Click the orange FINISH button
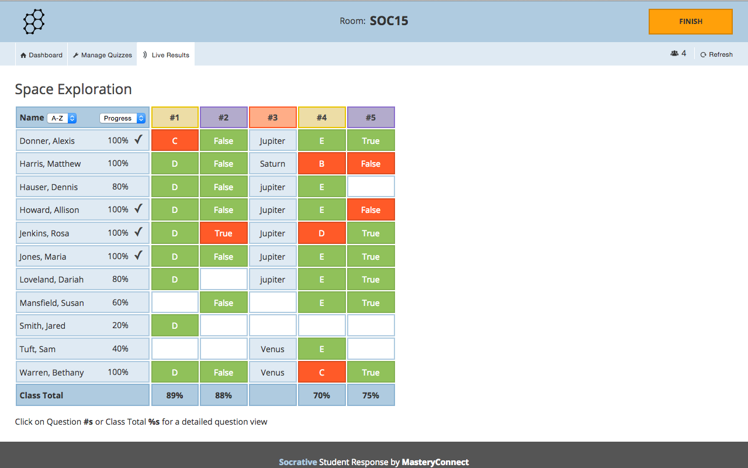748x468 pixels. (690, 22)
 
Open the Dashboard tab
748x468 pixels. (41, 55)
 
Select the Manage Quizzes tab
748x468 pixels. (102, 55)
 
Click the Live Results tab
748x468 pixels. (166, 55)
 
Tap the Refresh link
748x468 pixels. (716, 54)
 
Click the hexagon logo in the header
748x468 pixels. (34, 22)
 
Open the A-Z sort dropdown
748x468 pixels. (62, 118)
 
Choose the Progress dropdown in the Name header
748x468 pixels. (122, 118)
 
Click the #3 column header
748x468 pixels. (273, 118)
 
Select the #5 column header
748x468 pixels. (371, 118)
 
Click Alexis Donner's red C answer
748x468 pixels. (175, 141)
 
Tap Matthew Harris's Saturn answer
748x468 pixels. (273, 164)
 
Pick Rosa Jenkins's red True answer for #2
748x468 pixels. (224, 233)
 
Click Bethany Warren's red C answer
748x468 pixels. (322, 373)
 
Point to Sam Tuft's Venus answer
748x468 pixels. (273, 349)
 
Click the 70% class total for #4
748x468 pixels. (322, 395)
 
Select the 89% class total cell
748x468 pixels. (175, 395)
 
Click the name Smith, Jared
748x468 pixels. (43, 326)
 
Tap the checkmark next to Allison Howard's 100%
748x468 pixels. (138, 209)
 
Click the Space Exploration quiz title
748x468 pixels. (74, 90)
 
